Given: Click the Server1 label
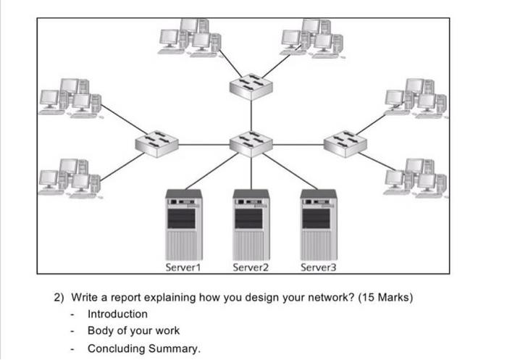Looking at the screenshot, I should click(183, 268).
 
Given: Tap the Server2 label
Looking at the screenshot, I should click(251, 268).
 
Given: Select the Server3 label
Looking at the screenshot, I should click(319, 268).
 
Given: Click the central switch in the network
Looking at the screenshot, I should click(251, 143).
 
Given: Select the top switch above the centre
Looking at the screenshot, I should click(251, 85).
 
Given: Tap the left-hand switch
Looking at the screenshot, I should click(156, 143).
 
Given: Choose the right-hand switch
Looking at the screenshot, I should click(345, 143).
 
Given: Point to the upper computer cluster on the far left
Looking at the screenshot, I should click(70, 97).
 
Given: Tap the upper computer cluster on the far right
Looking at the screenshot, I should click(416, 97).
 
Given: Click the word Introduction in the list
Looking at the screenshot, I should click(117, 314).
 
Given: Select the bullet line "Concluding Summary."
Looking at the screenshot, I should click(143, 348).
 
